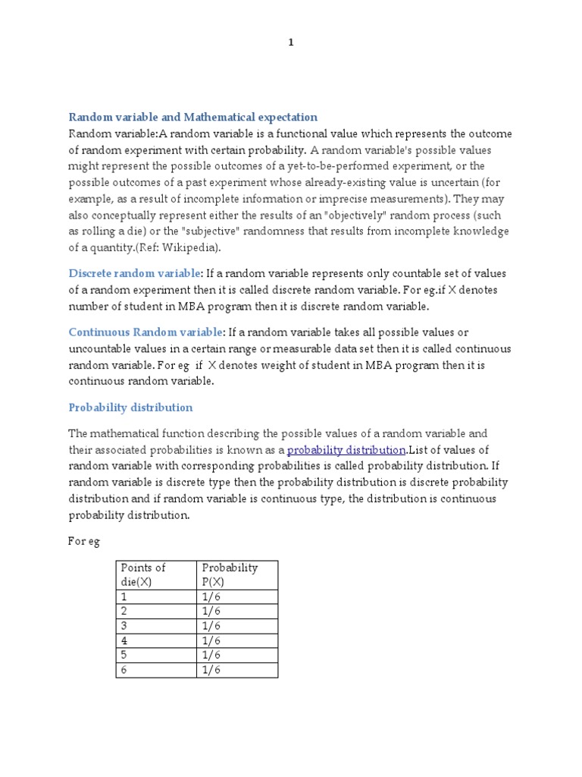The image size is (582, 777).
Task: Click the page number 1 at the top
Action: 290,42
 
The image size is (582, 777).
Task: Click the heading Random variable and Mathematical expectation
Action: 193,117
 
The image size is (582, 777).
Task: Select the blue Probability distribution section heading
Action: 130,407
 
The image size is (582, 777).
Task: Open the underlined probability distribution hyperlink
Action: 346,450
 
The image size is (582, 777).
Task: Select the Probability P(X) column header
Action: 237,574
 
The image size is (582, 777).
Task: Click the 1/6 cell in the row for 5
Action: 237,655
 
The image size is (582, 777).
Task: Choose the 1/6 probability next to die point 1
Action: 237,596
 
